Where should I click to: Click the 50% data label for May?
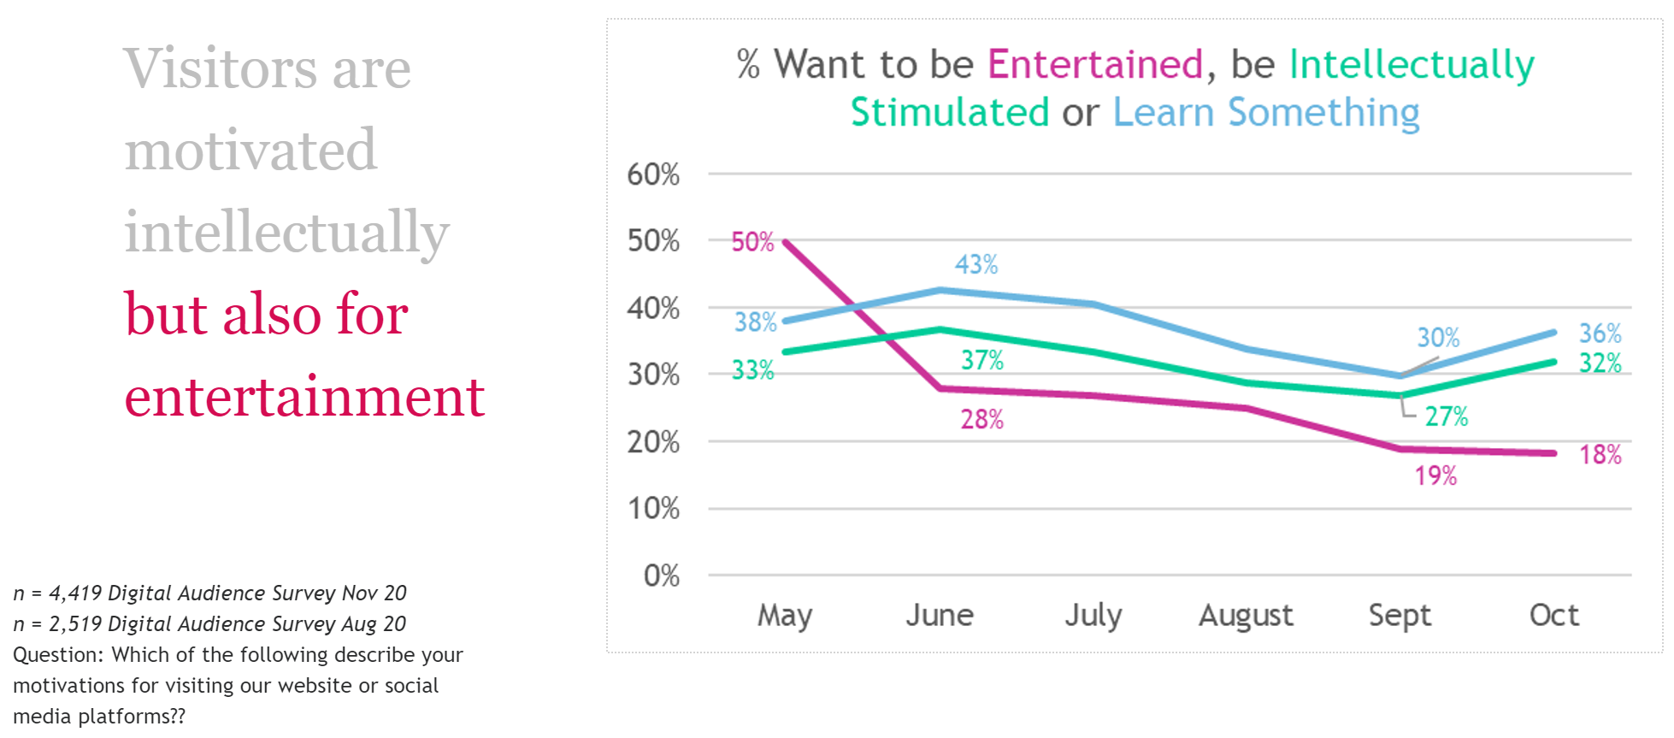pos(752,242)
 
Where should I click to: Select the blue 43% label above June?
pos(976,264)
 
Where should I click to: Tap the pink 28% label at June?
pos(982,419)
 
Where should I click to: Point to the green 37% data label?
pos(982,360)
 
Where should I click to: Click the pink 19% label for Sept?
pos(1435,475)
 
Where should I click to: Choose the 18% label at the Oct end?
pos(1600,454)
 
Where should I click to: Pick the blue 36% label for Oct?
pos(1600,333)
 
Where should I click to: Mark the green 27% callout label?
pos(1446,416)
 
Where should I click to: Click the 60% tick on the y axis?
pos(653,174)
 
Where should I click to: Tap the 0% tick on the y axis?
pos(661,576)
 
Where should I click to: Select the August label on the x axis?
pos(1246,615)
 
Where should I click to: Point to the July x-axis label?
pos(1093,615)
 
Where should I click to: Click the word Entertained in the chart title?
pos(1095,64)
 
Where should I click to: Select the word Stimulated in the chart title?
pos(949,112)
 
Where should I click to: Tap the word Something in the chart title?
pos(1323,112)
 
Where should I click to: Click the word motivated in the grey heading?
pos(251,151)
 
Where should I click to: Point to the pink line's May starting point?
pos(786,242)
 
